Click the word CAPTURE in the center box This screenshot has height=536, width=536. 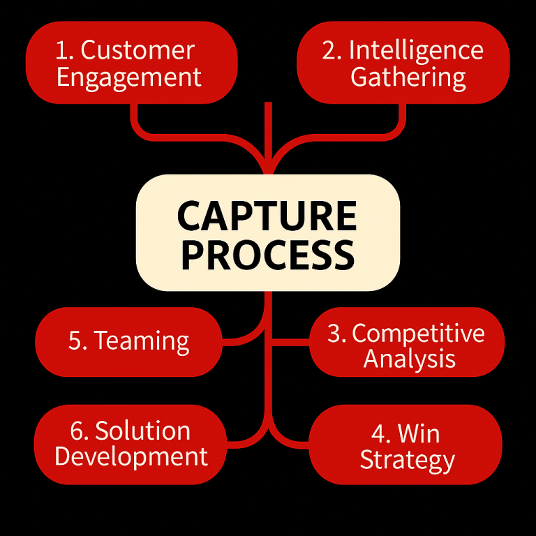point(267,216)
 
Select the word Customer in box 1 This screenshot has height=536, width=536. point(137,50)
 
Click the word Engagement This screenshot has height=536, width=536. point(129,77)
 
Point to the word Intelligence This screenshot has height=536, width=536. point(416,50)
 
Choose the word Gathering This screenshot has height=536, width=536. point(408,77)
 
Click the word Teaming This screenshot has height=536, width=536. point(142,341)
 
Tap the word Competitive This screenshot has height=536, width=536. point(418,334)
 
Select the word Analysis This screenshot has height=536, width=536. point(410,359)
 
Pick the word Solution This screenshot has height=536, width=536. point(142,431)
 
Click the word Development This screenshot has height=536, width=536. point(131,457)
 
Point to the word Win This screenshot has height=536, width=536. point(419,434)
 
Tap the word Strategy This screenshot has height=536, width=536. point(407,461)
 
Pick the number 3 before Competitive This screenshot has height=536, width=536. point(336,334)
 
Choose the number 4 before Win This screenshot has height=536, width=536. point(380,434)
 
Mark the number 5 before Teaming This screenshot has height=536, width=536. point(76,341)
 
